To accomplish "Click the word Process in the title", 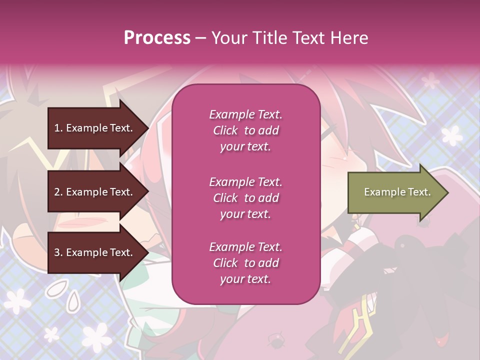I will click(157, 38).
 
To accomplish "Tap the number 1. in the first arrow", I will click(58, 128).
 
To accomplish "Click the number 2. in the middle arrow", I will click(58, 192).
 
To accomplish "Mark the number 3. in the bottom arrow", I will click(58, 252).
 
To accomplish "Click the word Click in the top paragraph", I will click(225, 130).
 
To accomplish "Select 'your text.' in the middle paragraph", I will click(245, 214).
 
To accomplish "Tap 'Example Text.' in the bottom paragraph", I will click(245, 247).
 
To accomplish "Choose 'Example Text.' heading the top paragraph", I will click(245, 114).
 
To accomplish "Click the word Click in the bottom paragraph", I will click(225, 263).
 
